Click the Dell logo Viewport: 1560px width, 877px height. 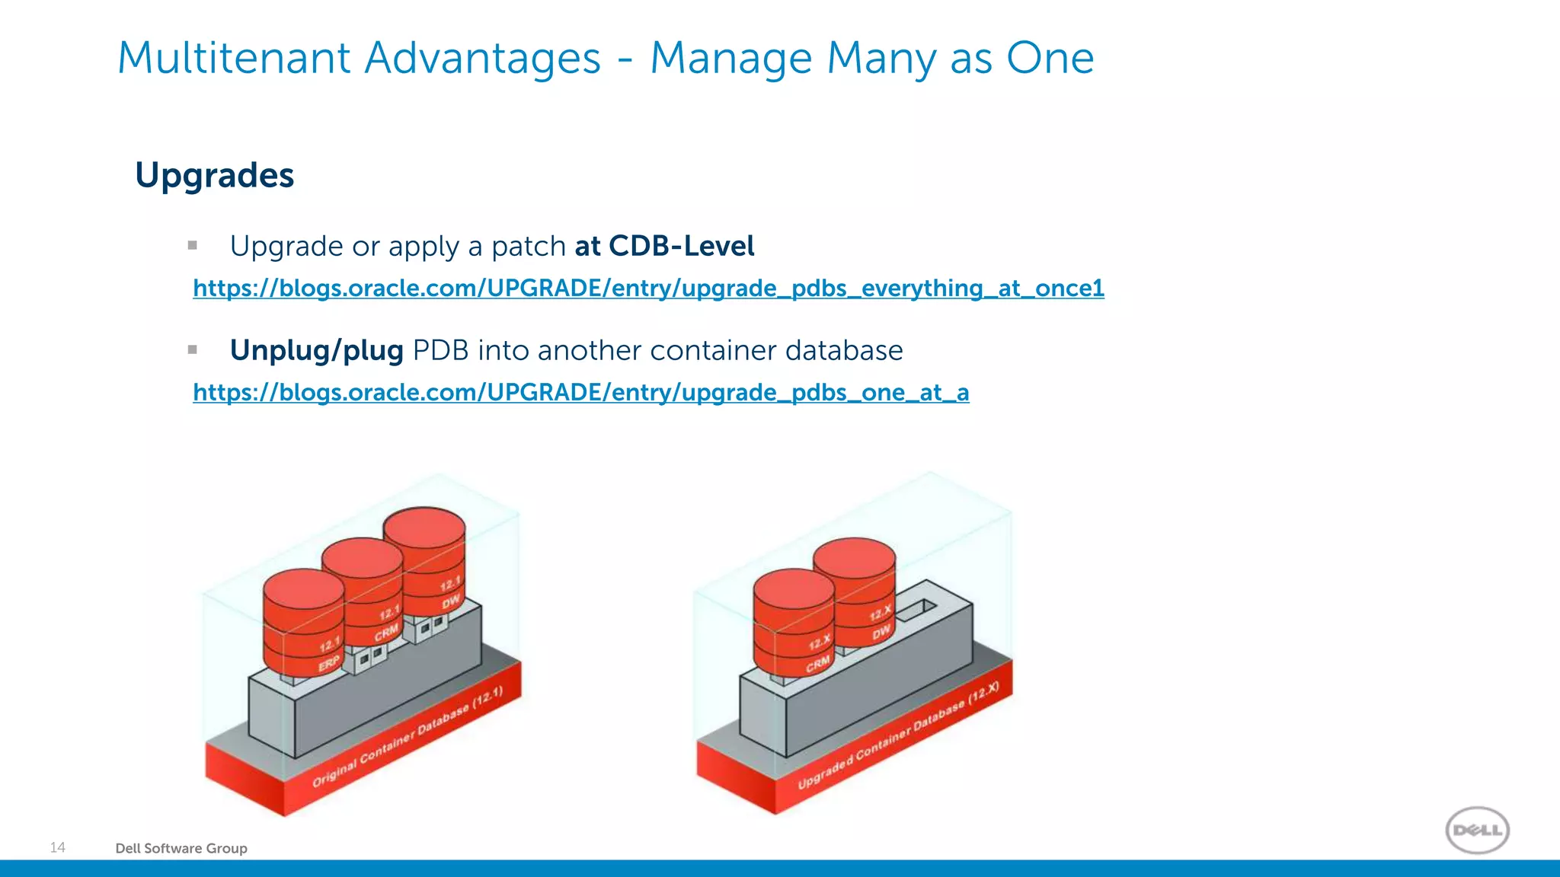tap(1477, 830)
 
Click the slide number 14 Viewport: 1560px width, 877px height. tap(58, 847)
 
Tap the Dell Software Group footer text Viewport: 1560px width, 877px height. tap(181, 848)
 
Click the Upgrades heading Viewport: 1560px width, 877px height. tap(214, 176)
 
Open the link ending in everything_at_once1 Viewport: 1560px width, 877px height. tap(648, 289)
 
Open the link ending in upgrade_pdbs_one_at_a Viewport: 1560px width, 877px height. tap(580, 393)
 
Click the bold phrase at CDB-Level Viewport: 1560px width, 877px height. tap(664, 247)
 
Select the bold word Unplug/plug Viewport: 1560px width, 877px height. tap(316, 351)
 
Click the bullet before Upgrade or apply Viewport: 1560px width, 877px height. tap(193, 245)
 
